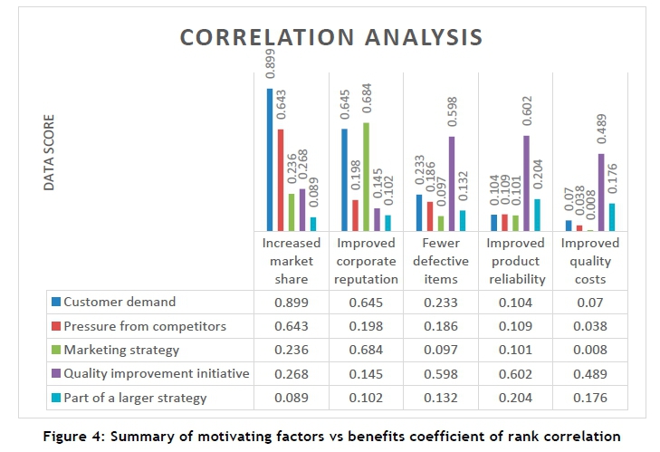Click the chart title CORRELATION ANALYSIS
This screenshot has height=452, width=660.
(330, 38)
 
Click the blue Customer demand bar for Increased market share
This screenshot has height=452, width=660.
(270, 159)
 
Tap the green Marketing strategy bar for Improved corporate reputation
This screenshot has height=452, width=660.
(366, 177)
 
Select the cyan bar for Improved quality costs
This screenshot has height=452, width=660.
(612, 217)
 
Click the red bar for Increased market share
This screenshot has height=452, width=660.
(281, 180)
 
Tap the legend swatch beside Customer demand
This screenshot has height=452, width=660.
(56, 302)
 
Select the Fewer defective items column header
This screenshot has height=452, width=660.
(441, 261)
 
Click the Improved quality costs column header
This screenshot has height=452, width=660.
(590, 261)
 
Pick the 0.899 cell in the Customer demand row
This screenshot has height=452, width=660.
(292, 302)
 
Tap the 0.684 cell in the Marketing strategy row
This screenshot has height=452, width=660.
(366, 350)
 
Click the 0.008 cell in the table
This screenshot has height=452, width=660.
(590, 350)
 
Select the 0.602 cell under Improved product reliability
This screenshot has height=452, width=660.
(515, 373)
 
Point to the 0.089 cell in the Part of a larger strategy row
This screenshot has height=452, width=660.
(292, 397)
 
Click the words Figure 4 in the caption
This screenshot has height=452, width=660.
(73, 436)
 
